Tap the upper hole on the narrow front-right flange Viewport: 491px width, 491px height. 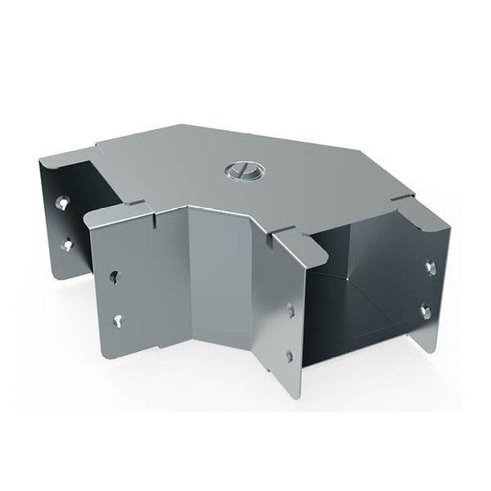coord(291,309)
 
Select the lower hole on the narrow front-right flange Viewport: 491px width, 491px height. coord(291,354)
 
